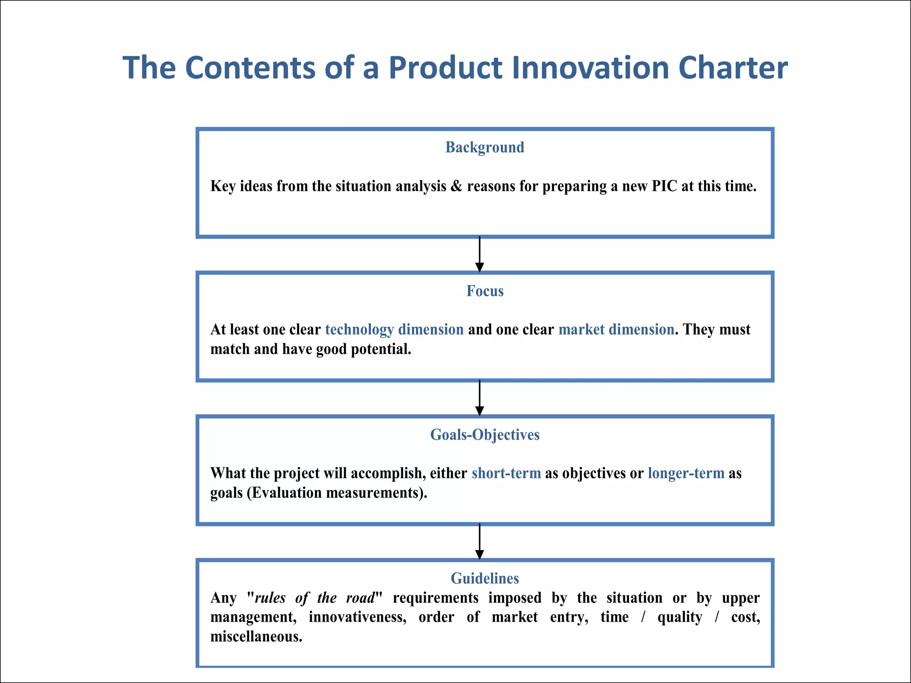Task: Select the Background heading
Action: click(x=485, y=147)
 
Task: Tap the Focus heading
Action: click(x=485, y=291)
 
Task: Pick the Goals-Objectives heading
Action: click(x=485, y=434)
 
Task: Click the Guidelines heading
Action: click(x=485, y=578)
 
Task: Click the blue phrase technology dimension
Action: click(x=394, y=329)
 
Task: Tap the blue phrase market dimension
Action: click(x=616, y=329)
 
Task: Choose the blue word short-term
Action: click(x=506, y=473)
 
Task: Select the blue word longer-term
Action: click(x=686, y=473)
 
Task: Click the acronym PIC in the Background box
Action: click(x=664, y=186)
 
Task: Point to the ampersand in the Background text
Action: click(x=456, y=186)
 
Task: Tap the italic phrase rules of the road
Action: click(x=315, y=598)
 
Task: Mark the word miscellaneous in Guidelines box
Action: click(x=256, y=637)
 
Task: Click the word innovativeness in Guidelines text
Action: click(x=357, y=617)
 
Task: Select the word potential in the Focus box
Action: click(x=381, y=349)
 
